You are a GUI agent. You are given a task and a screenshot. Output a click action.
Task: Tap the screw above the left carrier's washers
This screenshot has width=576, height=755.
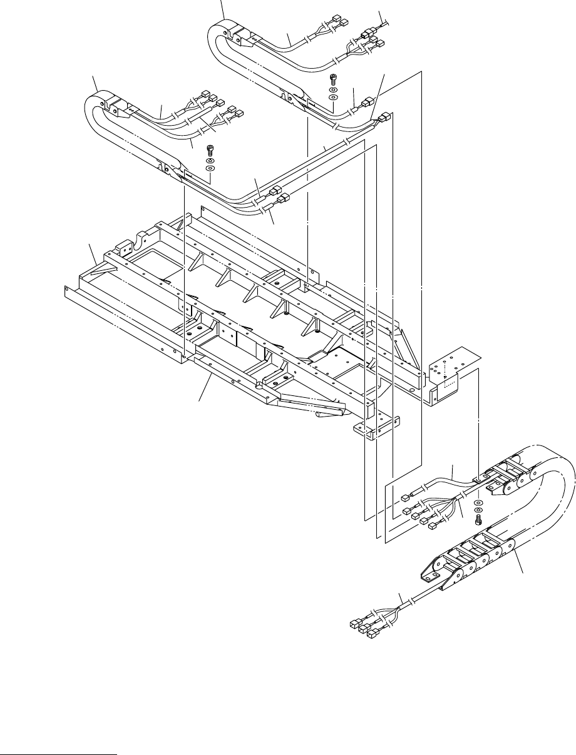click(210, 151)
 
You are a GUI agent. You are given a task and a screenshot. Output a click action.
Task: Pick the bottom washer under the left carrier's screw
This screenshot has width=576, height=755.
click(211, 169)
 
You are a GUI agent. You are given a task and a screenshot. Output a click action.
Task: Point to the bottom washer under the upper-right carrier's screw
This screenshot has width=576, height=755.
click(334, 98)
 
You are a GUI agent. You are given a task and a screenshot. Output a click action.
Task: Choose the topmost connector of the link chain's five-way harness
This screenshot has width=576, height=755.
click(405, 497)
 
